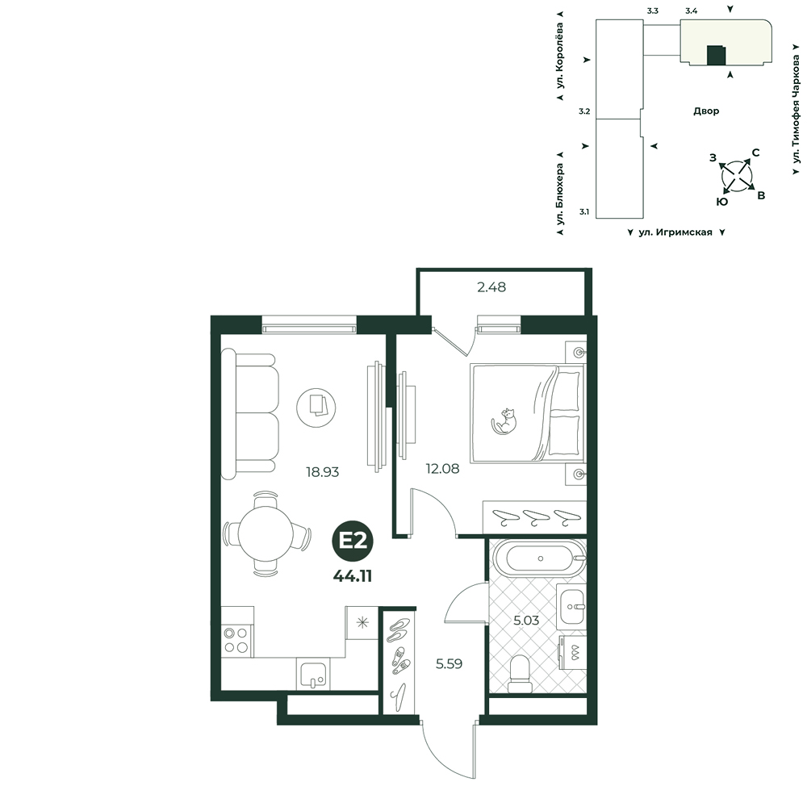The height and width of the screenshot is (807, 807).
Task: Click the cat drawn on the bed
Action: coord(504,421)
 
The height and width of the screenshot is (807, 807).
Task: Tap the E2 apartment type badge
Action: coord(353,541)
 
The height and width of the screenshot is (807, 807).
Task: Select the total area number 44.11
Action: coord(353,576)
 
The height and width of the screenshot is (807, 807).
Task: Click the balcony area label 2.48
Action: coord(491,287)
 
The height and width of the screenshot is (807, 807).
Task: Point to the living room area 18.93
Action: coord(323,472)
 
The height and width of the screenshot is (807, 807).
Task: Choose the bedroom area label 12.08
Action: coord(442,469)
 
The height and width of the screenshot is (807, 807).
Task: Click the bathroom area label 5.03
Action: coord(526,620)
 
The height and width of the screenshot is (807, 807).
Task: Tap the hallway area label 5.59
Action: coord(449,664)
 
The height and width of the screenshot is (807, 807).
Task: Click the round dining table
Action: coord(266,533)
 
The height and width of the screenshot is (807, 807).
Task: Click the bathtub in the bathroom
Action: coord(539,558)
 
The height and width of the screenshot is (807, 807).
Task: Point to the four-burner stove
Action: coord(236,641)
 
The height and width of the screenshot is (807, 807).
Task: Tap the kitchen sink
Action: coord(313,674)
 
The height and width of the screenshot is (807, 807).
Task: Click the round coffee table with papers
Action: coord(316,408)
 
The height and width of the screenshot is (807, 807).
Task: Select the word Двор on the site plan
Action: coord(706,111)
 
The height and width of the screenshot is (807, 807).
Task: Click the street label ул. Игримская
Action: coord(675,232)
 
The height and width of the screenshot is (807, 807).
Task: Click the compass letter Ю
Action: coord(722,203)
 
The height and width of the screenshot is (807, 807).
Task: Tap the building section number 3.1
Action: coord(584,211)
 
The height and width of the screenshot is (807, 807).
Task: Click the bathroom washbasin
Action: coord(571,606)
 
